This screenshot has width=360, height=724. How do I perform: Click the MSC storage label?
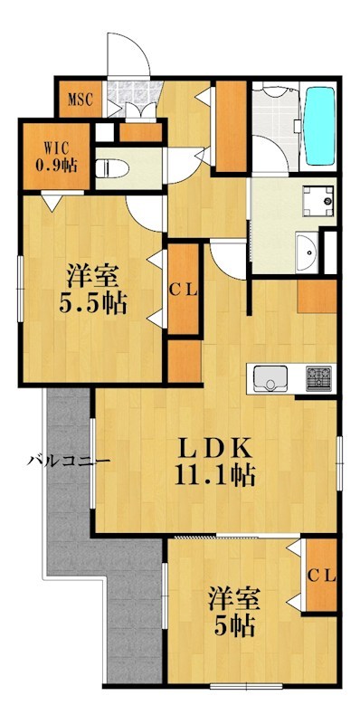pos(81,99)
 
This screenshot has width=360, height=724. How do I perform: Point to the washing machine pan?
pos(315,199)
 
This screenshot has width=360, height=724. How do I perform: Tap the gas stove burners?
pos(318,376)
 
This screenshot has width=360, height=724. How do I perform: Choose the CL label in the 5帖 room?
pos(321,574)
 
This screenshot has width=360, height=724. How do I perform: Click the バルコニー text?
pos(67,462)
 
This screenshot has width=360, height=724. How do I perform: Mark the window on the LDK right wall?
pos(339,456)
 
